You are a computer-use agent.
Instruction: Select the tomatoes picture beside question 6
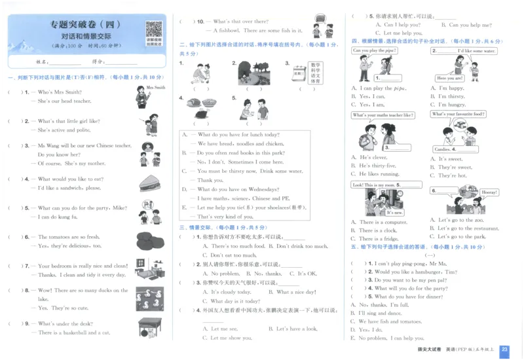(x=150, y=240)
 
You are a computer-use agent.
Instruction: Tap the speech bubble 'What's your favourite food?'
(x=458, y=115)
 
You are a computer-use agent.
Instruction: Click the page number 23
(x=504, y=351)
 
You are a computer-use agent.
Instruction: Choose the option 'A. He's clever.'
(x=370, y=157)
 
